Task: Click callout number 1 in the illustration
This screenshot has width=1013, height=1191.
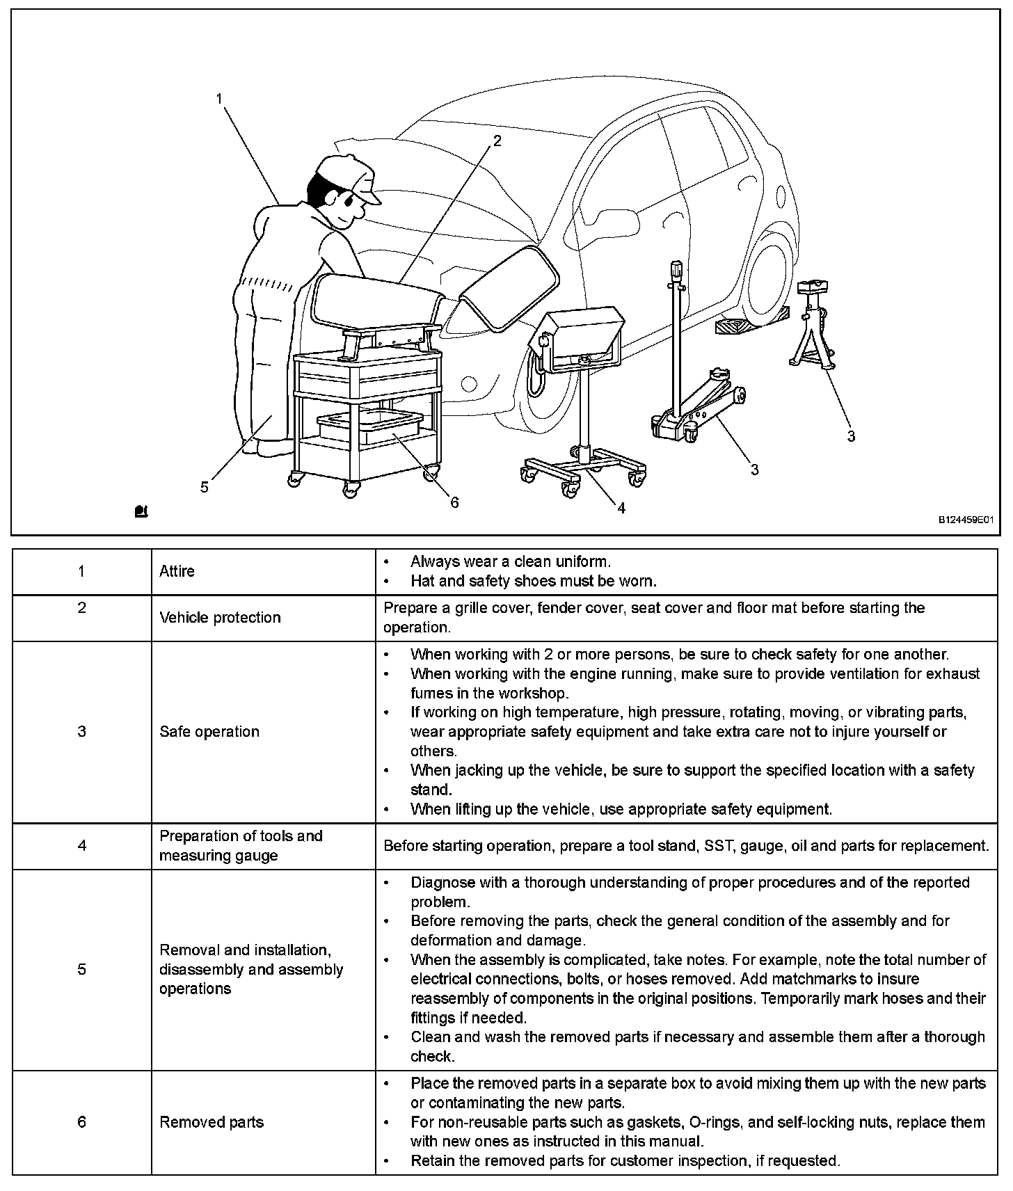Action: [220, 99]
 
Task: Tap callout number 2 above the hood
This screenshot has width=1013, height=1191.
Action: [497, 141]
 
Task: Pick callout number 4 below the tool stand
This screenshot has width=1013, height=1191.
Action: [621, 508]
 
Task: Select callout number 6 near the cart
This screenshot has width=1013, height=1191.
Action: [454, 502]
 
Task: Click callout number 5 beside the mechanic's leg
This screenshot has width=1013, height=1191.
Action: [204, 486]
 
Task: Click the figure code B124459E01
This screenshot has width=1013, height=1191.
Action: [965, 520]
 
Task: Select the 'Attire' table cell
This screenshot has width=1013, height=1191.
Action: [177, 571]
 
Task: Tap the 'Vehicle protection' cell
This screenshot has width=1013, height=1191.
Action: [220, 618]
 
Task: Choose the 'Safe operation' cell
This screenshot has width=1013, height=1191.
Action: [209, 731]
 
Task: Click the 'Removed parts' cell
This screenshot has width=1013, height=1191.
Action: [212, 1122]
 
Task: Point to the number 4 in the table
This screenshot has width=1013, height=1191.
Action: [81, 846]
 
